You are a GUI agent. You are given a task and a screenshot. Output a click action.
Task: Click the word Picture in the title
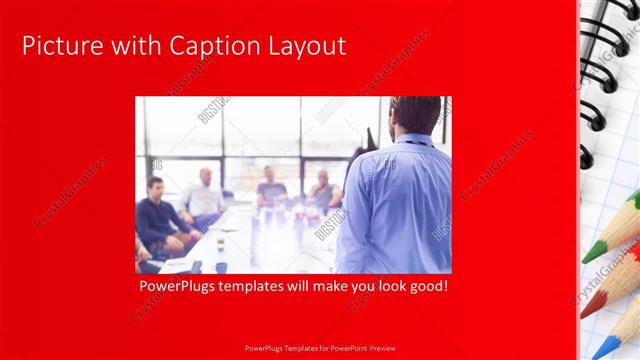[x=58, y=46]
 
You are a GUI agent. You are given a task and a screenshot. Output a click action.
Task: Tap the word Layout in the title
[x=305, y=46]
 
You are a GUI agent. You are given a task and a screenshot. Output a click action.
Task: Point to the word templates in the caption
[x=262, y=287]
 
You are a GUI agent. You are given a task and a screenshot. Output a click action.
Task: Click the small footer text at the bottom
[x=319, y=350]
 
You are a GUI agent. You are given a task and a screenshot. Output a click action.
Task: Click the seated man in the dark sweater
[x=158, y=215]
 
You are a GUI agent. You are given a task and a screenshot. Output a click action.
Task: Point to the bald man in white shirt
[x=205, y=195]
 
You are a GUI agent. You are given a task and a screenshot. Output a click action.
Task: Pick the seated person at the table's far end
[x=271, y=185]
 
